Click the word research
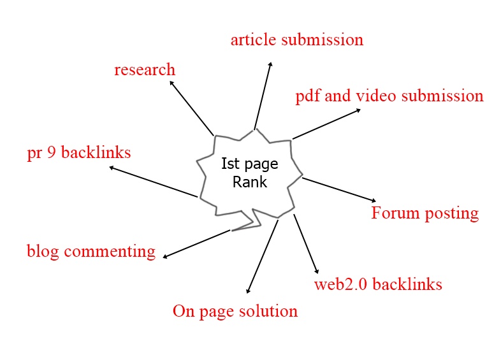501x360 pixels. [145, 69]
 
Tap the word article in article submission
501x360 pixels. [254, 40]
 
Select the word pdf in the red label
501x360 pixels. [307, 96]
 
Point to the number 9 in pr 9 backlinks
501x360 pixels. [52, 152]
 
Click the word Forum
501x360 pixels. [395, 213]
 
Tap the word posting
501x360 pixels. [452, 213]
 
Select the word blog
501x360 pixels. [43, 252]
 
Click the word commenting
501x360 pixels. [110, 252]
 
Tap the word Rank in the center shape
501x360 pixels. [249, 182]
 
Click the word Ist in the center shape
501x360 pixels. [230, 164]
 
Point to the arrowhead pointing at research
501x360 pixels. [172, 83]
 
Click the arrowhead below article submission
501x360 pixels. [270, 64]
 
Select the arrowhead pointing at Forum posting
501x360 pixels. [374, 200]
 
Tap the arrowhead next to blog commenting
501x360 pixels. [165, 256]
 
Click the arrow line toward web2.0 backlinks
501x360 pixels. [306, 244]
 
